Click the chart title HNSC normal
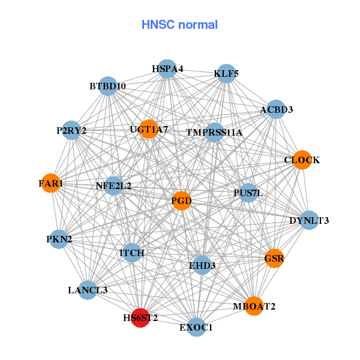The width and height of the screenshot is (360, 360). coord(179,25)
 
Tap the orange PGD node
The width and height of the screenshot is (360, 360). coord(181,200)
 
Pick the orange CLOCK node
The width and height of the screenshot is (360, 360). coord(302,160)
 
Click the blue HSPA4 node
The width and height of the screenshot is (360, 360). coord(167,69)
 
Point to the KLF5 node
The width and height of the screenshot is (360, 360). coord(226,74)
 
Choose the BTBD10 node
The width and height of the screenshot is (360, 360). coord(108,86)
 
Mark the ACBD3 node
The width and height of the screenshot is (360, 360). coord(276,109)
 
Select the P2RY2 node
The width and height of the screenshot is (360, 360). coord(71,130)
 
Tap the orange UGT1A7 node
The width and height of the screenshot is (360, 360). coord(149,129)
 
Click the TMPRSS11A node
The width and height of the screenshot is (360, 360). coord(214,132)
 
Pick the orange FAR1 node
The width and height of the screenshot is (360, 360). coord(51,182)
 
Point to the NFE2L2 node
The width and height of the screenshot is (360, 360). coord(113,185)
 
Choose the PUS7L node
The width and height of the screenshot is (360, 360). coord(248,193)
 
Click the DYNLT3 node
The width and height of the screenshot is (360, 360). coord(309,220)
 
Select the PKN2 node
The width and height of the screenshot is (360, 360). coord(59,239)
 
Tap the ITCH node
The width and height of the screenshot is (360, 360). coord(132,253)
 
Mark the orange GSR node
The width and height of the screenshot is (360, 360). coord(274,259)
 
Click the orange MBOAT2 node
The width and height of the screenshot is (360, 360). coord(254,306)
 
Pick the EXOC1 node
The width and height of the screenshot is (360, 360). coord(196,327)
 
